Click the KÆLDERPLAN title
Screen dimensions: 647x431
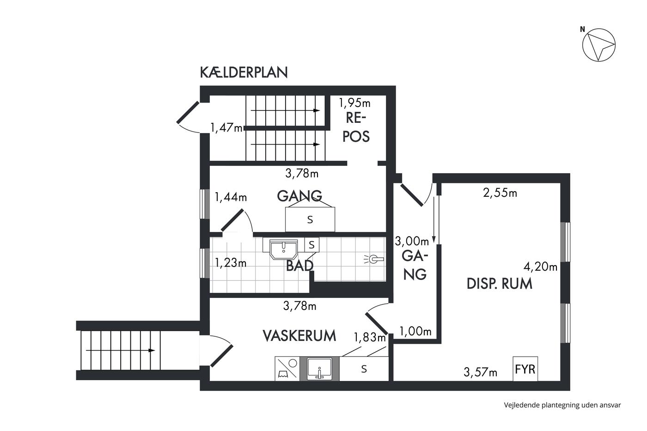coord(244,72)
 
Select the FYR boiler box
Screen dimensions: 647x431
coord(525,369)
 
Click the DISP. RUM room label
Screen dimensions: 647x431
coord(500,284)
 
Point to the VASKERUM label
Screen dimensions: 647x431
coord(299,336)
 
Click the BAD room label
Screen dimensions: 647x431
coord(299,266)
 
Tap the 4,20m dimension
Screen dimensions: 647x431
coord(540,267)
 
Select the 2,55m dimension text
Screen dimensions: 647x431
coord(500,193)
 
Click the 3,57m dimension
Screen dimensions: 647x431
coord(480,372)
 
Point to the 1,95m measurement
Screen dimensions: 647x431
coord(355,103)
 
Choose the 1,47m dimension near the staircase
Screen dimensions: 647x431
coord(226,127)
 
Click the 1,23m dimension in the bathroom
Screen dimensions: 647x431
coord(231,263)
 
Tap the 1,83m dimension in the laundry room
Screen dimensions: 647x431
coord(370,337)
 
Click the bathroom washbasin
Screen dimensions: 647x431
coord(284,249)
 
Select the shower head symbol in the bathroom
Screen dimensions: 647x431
coord(374,259)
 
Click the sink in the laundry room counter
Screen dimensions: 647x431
coord(319,369)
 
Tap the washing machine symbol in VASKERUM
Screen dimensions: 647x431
coord(287,369)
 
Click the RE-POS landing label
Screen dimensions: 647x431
coord(356,127)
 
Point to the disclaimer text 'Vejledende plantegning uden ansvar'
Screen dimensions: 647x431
coord(562,405)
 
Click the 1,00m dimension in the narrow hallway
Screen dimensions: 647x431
coord(415,331)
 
